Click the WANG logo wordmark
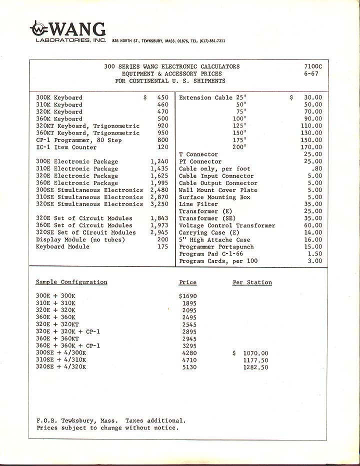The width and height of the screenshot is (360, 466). pyautogui.click(x=68, y=29)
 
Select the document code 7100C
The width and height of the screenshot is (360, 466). pyautogui.click(x=313, y=66)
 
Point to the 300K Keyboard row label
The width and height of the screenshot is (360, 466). pyautogui.click(x=59, y=97)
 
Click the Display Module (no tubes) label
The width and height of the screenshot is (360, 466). pyautogui.click(x=80, y=239)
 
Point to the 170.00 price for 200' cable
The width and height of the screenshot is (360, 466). pyautogui.click(x=311, y=147)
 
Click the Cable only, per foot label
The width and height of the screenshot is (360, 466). pyautogui.click(x=214, y=169)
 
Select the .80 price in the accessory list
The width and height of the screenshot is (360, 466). pyautogui.click(x=316, y=169)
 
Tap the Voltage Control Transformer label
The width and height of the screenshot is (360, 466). pyautogui.click(x=227, y=225)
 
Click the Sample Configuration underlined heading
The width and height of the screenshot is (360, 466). pyautogui.click(x=71, y=282)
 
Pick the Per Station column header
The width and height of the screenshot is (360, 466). pyautogui.click(x=252, y=282)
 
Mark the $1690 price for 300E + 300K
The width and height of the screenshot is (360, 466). pyautogui.click(x=187, y=296)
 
